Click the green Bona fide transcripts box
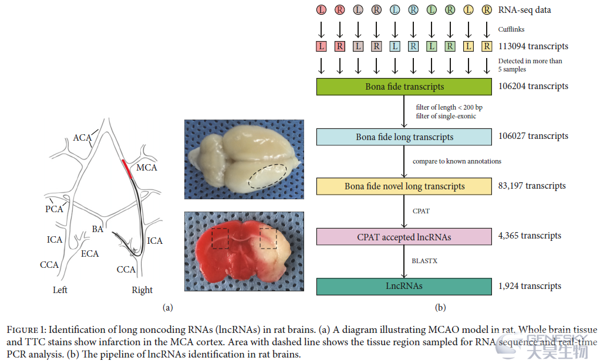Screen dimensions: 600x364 404,87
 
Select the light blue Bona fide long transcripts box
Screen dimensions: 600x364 404,137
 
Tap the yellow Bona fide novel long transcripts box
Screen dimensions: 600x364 404,186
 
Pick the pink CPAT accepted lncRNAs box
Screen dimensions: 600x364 404,237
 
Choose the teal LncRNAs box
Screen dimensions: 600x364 404,287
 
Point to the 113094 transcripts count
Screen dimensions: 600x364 533,46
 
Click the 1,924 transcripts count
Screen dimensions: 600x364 530,286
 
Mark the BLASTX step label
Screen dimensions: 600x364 424,261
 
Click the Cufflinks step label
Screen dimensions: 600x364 511,29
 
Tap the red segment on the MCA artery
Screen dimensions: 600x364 127,169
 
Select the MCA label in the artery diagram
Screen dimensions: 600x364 147,167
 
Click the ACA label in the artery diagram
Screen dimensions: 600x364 82,138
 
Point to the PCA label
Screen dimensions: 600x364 54,209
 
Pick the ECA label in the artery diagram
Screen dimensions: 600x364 90,254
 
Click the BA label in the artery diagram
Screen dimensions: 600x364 97,229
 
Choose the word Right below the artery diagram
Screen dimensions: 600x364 142,290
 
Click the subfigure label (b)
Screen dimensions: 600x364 440,308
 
